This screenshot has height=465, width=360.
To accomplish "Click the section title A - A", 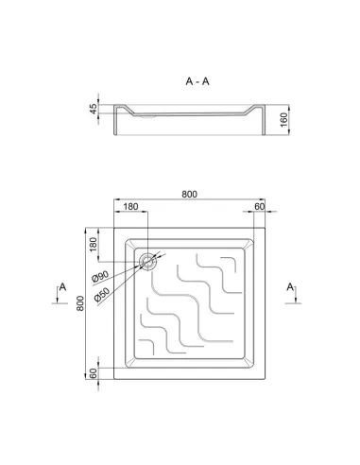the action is pyautogui.click(x=197, y=81).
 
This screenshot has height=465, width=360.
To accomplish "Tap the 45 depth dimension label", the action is pyautogui.click(x=94, y=109).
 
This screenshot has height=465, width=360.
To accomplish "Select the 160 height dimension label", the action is pyautogui.click(x=283, y=120).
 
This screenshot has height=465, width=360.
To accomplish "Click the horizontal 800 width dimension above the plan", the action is pyautogui.click(x=189, y=194).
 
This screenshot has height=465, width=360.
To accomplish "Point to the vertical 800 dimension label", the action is pyautogui.click(x=80, y=303).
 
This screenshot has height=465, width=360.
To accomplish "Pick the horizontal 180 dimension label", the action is pyautogui.click(x=130, y=206).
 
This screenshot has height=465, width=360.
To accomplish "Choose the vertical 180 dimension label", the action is pyautogui.click(x=94, y=245).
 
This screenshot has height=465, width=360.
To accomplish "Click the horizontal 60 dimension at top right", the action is pyautogui.click(x=259, y=206).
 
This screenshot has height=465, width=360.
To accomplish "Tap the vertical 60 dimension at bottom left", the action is pyautogui.click(x=94, y=373).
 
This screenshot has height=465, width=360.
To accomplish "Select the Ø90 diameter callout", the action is pyautogui.click(x=100, y=276).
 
